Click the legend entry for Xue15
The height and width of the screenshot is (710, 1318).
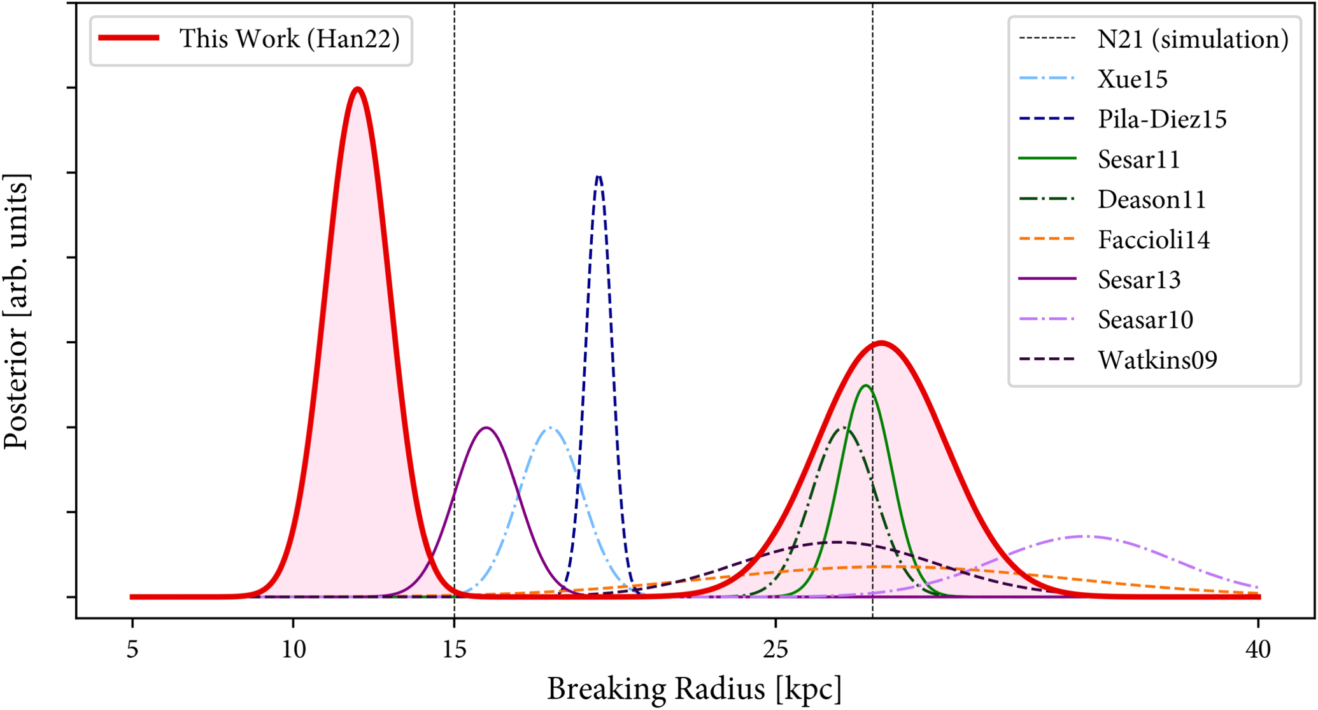1132,79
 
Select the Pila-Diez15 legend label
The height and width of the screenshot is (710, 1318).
1161,119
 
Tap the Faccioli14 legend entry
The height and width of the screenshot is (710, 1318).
1153,239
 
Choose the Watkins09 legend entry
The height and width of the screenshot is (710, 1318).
1157,360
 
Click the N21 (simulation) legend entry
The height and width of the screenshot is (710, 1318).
1193,39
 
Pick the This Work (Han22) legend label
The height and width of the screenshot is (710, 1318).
289,38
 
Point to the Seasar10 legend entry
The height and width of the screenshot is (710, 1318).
1145,320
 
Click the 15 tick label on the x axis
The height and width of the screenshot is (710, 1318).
454,650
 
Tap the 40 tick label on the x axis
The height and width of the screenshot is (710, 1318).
1258,650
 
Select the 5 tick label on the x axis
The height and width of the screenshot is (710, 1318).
132,650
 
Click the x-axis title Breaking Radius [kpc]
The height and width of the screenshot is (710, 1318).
694,689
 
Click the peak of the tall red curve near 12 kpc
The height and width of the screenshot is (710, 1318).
358,89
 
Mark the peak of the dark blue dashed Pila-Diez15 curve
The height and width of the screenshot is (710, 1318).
599,176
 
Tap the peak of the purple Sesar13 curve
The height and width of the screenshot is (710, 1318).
486,428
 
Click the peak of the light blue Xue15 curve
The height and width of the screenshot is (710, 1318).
550,428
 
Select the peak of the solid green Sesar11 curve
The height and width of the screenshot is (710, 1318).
865,386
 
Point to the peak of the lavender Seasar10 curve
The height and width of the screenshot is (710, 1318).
1082,536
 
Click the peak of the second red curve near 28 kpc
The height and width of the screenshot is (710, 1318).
881,343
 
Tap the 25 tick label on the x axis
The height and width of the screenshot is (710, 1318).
776,650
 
